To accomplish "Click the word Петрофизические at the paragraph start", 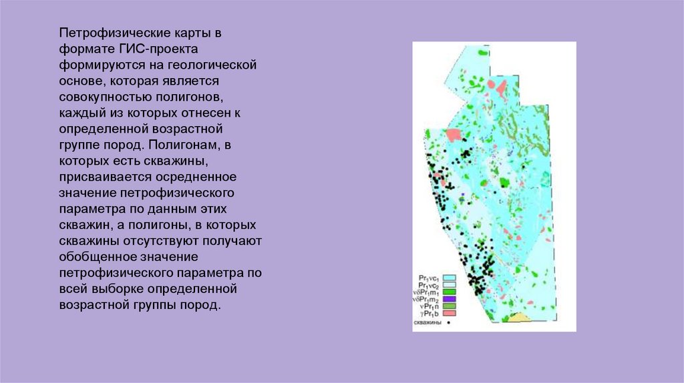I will (102, 33).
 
